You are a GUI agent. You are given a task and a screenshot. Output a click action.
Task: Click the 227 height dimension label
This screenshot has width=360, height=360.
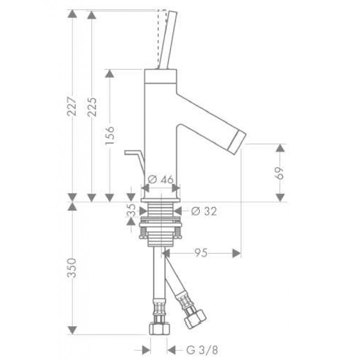pos(72,106)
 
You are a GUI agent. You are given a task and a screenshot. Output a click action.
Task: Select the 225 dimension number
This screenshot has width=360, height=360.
pos(92,107)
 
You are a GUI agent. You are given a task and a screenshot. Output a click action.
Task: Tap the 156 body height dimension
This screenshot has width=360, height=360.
pos(110,135)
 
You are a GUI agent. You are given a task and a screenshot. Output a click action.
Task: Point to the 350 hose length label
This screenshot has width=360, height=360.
pos(72,268)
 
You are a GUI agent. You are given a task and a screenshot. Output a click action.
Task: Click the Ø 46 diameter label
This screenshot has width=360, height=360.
pos(161,179)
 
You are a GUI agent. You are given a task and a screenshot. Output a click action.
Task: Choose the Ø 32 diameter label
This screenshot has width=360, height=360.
pos(204,211)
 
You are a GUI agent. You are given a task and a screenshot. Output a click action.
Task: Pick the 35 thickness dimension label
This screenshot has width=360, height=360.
pos(131,211)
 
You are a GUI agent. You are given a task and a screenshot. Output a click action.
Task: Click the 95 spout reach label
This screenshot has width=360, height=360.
pos(201,253)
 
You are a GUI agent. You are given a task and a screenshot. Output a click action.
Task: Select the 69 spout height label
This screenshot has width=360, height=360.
pos(280,173)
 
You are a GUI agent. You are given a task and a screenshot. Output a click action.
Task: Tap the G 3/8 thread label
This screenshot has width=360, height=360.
pos(202,350)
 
